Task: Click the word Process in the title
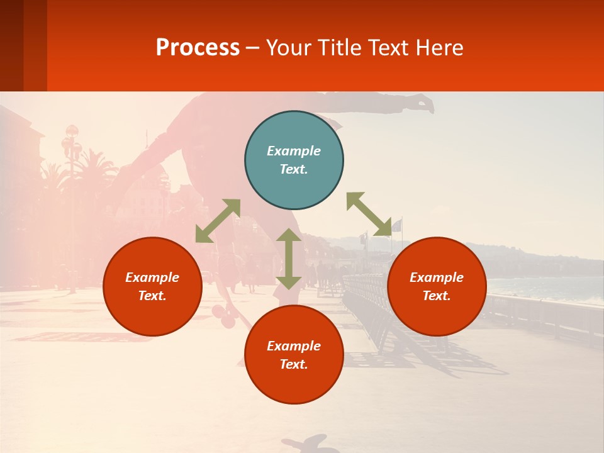[x=198, y=48]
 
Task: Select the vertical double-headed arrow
[x=289, y=259]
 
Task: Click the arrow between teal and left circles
[x=218, y=221]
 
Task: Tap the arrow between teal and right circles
[x=369, y=214]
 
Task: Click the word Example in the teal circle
[x=294, y=151]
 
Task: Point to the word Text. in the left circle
[x=152, y=296]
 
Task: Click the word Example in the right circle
[x=437, y=277]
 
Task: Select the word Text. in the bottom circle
[x=294, y=364]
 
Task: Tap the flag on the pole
[x=396, y=225]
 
